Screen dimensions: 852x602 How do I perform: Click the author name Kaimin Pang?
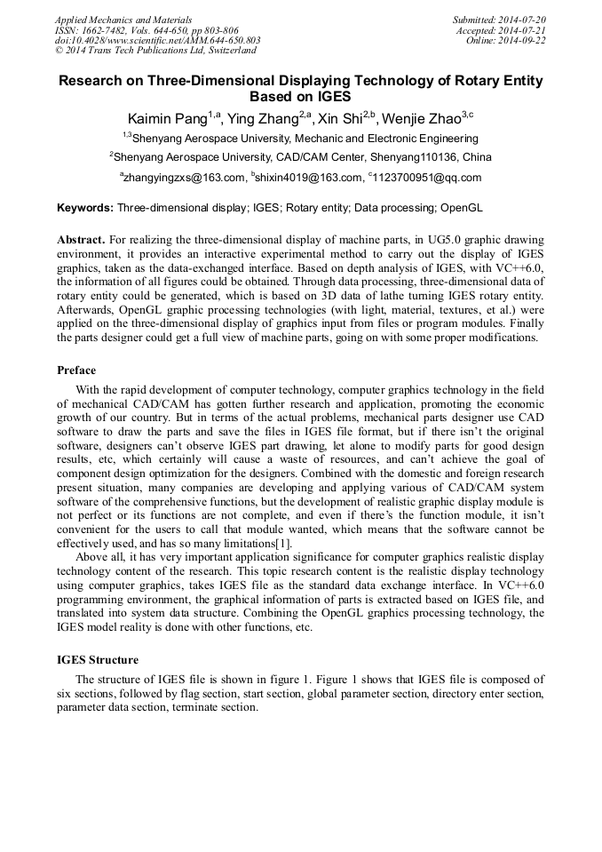click(x=167, y=118)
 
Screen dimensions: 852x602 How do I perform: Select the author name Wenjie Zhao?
click(x=416, y=118)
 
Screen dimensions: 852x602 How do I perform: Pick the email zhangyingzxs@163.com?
click(x=184, y=178)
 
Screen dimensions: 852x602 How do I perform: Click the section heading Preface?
click(x=76, y=370)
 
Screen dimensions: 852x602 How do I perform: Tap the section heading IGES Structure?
click(x=98, y=660)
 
